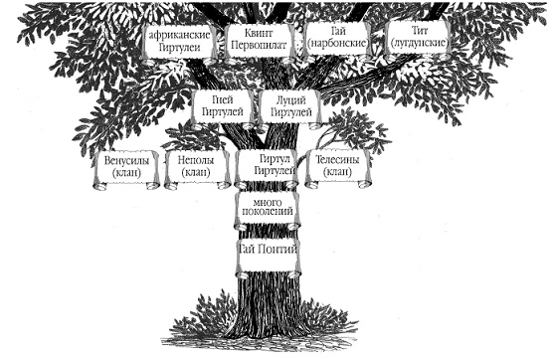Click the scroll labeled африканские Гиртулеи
pos(180,44)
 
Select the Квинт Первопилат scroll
pos(261,43)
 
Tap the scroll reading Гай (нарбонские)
pos(337,40)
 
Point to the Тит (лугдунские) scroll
pos(419,39)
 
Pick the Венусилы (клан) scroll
pos(126,169)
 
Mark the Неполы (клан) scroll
pos(197,169)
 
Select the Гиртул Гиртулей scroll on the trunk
pos(268,168)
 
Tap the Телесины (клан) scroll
pos(337,168)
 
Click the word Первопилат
pos(261,46)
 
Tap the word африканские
pos(179,35)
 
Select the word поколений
pos(268,212)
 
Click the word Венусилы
pos(126,161)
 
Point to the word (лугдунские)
pos(420,44)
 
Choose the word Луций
pos(291,101)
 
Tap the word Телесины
pos(337,160)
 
